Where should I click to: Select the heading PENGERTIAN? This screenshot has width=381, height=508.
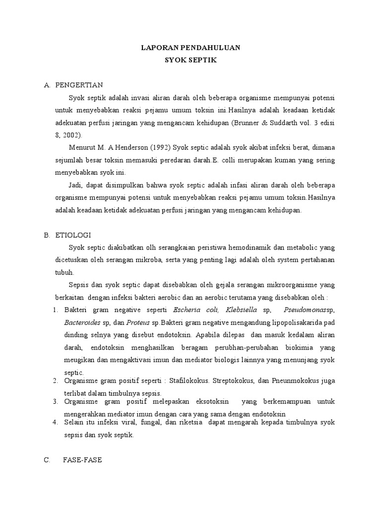tap(79, 85)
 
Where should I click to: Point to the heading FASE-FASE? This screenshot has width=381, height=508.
tap(82, 460)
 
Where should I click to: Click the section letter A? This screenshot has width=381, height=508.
tap(47, 85)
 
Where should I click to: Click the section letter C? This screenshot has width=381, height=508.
tap(47, 460)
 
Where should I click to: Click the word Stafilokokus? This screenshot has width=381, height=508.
tap(190, 381)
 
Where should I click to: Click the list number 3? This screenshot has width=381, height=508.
tap(56, 401)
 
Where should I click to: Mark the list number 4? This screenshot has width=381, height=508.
tap(56, 422)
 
